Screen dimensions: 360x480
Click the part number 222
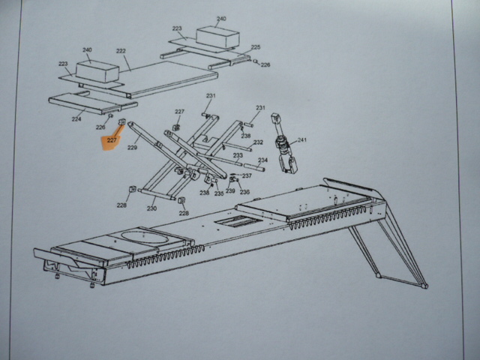[121, 52]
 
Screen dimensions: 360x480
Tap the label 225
[256, 47]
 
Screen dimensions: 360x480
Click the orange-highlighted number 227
[112, 139]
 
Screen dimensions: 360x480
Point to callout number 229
[132, 148]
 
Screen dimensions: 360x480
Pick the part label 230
[151, 208]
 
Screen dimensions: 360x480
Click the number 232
[258, 142]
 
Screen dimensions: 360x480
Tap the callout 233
[238, 156]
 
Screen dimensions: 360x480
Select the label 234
[262, 160]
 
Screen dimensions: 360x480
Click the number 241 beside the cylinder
[301, 140]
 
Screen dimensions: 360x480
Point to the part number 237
[247, 176]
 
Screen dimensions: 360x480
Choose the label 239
[230, 192]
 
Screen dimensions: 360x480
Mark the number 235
[219, 193]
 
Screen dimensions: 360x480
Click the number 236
[244, 192]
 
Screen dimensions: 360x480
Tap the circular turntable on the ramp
[147, 238]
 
